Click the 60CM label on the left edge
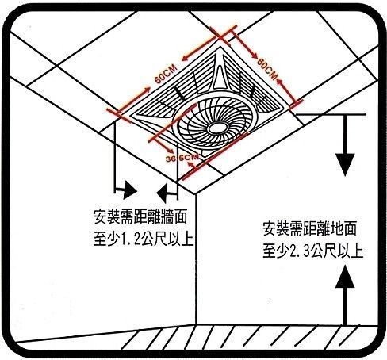click(166, 74)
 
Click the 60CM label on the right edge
click(267, 69)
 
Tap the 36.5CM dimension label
click(182, 158)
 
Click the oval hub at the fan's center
click(218, 128)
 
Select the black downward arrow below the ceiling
click(345, 145)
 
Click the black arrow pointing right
click(125, 190)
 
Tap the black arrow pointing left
click(167, 193)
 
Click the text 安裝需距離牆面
click(140, 217)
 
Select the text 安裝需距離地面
click(309, 228)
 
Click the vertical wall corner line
click(196, 259)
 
